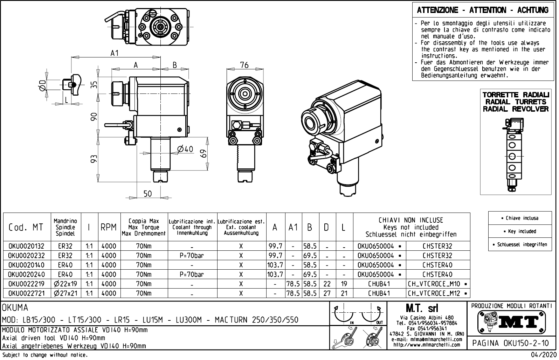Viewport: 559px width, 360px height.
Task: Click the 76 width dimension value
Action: pos(244,65)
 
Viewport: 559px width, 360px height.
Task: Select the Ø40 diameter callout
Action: pos(185,149)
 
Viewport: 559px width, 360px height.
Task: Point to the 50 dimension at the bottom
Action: pos(148,194)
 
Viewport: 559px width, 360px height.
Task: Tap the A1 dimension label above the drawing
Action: pos(115,53)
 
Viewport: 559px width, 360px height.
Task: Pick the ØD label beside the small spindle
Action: pos(42,85)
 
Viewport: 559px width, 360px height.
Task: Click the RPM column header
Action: pos(109,228)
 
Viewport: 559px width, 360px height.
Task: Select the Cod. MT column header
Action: pos(26,228)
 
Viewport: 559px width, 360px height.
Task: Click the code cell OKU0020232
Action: pos(26,256)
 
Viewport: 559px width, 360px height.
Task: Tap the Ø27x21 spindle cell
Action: pos(66,293)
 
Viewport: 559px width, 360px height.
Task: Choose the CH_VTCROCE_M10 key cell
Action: pos(438,284)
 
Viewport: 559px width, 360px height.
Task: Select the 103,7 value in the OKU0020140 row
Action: pos(275,265)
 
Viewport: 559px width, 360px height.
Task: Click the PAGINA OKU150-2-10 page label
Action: pos(511,343)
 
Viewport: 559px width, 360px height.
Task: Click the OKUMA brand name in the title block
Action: pos(15,308)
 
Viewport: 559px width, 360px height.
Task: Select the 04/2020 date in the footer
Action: pos(543,355)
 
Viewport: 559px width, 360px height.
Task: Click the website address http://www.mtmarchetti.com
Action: pos(427,345)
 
